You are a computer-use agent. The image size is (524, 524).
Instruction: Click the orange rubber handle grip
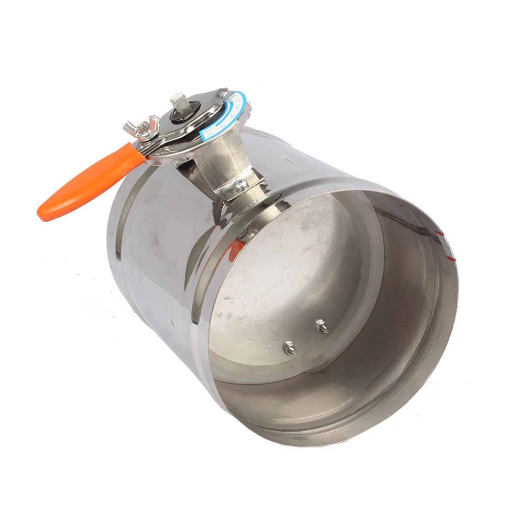coord(89,181)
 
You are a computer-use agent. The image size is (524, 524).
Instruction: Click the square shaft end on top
coord(178,102)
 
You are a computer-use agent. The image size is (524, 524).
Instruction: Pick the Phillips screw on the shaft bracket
coord(240,184)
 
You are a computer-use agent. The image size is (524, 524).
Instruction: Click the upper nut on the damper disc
coord(321,326)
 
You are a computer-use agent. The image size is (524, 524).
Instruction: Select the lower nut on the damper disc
coord(289,348)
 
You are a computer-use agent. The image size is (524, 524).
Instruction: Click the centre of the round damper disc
coord(293,283)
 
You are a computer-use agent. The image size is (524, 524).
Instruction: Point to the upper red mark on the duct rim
coord(441,231)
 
